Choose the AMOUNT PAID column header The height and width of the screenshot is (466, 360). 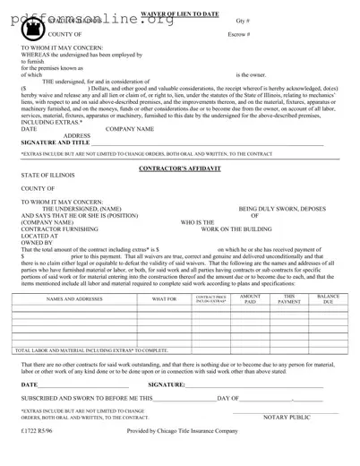click(251, 299)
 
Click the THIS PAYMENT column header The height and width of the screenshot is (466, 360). click(289, 299)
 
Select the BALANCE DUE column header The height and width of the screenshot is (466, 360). click(328, 299)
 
